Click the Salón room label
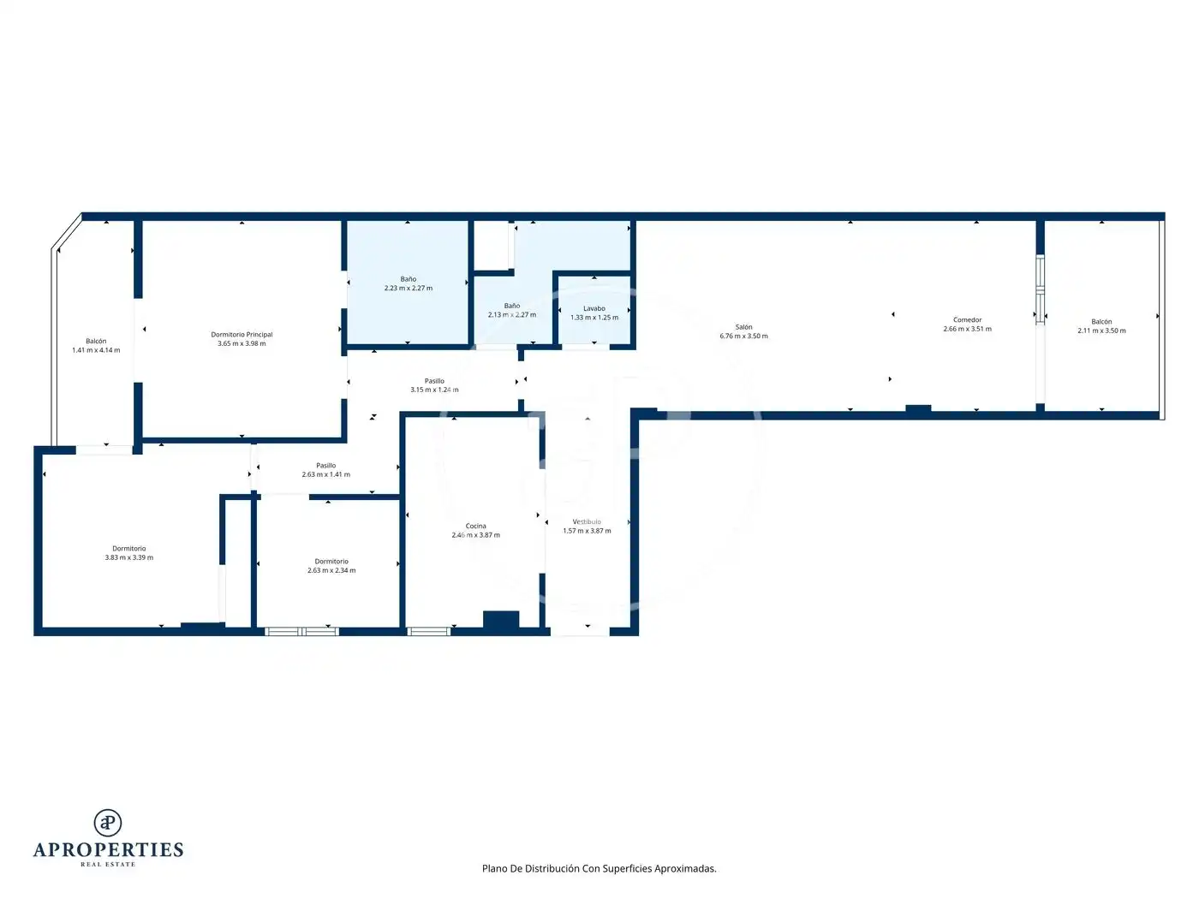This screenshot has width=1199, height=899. point(743,327)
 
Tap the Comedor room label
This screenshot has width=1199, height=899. point(967,320)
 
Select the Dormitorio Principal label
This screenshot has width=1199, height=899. point(242,335)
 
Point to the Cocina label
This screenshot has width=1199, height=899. point(475,527)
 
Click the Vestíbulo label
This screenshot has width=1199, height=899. point(587,521)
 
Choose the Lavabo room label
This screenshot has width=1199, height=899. point(594,308)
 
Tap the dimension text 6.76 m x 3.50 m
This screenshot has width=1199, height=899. point(743,336)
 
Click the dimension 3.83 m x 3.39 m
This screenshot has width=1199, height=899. point(129,558)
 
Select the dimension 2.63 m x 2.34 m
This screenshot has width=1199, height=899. point(331,570)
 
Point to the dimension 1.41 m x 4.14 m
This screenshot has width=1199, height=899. point(96,350)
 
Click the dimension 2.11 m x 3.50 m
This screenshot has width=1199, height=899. point(1101,330)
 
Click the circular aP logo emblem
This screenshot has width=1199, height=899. point(108,822)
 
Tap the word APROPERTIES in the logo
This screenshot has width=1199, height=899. point(108,850)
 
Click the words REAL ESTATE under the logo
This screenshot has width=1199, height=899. point(108,864)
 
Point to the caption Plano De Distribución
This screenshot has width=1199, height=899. point(530,868)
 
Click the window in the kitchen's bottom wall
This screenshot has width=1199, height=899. point(429,632)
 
